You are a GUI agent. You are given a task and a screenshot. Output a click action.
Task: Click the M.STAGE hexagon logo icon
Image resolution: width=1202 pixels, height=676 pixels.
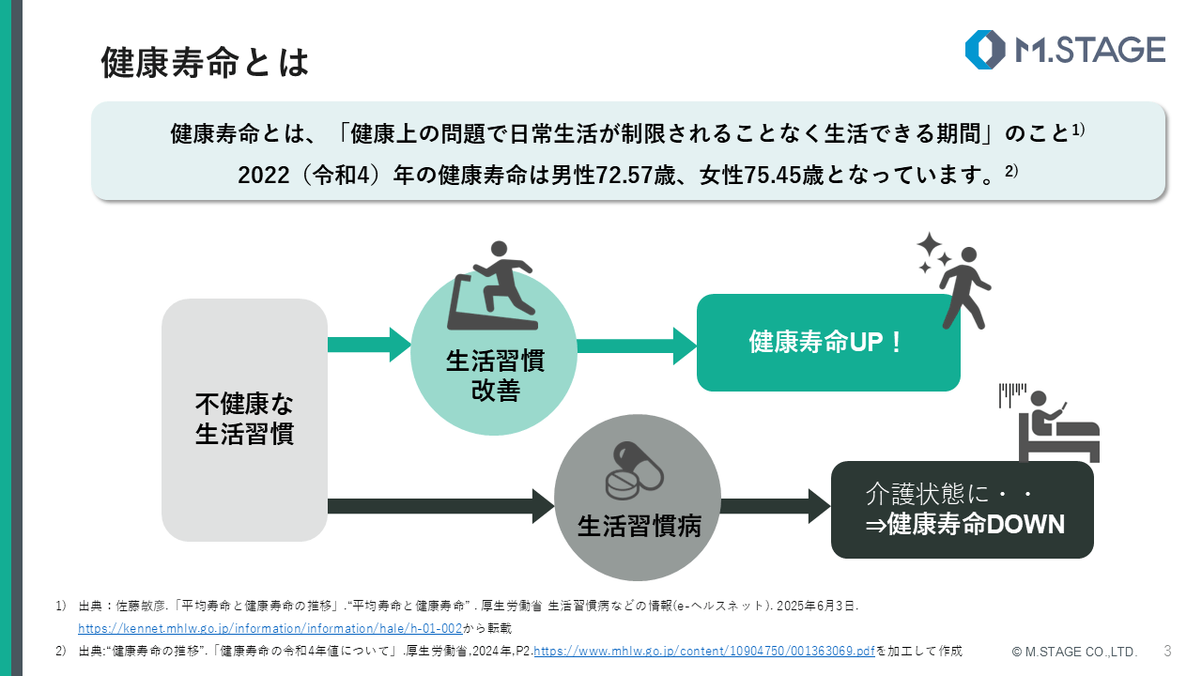[985, 50]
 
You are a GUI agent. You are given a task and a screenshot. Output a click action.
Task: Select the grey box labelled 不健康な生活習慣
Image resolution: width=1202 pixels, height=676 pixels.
[244, 420]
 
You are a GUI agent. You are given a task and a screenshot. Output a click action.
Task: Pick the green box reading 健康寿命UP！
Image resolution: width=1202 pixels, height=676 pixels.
[827, 343]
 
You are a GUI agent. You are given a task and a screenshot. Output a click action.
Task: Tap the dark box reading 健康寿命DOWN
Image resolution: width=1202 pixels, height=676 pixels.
[963, 510]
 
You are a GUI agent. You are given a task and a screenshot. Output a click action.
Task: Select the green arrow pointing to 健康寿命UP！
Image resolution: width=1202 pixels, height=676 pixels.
[636, 346]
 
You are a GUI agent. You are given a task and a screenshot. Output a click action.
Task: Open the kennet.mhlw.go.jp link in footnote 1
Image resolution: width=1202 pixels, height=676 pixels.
[270, 627]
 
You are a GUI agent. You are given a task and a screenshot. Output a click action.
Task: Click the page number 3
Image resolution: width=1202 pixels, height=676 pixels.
[1167, 650]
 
